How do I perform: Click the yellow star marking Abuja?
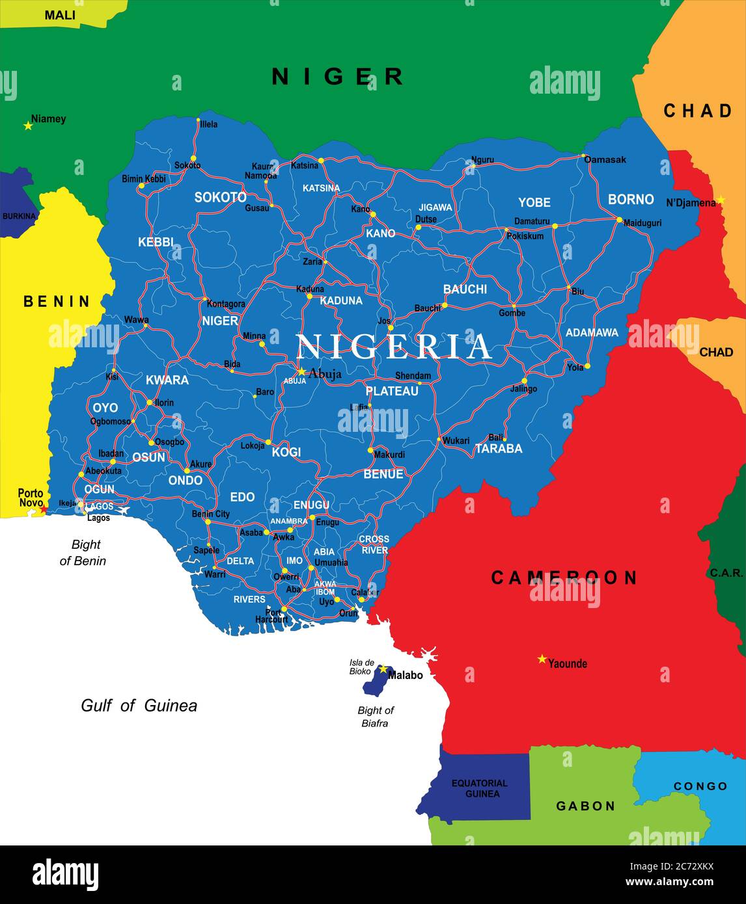click(x=301, y=371)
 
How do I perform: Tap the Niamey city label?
click(x=49, y=119)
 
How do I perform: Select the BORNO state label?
click(x=630, y=199)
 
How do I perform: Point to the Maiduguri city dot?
click(x=619, y=219)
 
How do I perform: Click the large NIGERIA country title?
click(x=394, y=347)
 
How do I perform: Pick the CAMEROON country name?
click(x=564, y=578)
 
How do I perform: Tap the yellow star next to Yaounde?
click(x=542, y=659)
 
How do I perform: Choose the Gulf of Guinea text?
click(x=139, y=706)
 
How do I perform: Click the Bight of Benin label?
click(x=83, y=552)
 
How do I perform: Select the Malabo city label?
click(x=406, y=675)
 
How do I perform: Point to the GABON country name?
click(x=585, y=806)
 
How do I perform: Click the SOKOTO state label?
click(x=220, y=197)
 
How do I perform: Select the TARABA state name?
click(x=499, y=448)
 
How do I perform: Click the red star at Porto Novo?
click(x=43, y=509)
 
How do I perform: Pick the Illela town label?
click(x=209, y=124)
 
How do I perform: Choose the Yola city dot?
click(x=587, y=366)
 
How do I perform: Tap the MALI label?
click(x=60, y=14)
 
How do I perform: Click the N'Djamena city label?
click(x=691, y=203)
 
